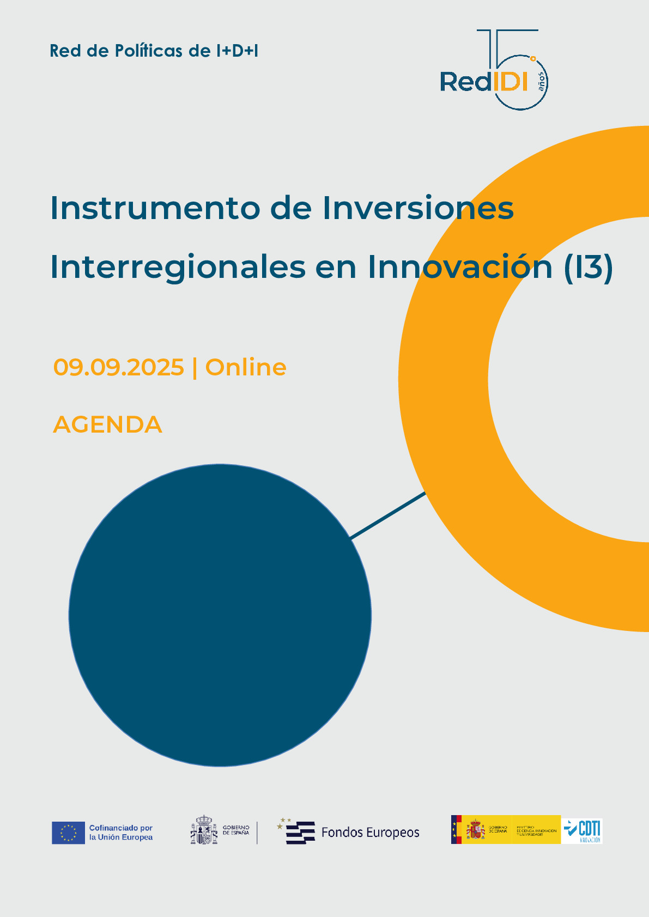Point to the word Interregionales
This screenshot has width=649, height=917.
178,267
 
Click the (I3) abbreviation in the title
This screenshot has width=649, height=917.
588,267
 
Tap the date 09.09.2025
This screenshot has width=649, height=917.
119,367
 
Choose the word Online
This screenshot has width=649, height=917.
246,367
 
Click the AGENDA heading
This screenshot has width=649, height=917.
108,425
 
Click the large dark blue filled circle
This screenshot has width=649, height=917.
220,615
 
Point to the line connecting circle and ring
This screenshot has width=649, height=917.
387,515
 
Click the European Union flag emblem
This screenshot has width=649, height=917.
68,833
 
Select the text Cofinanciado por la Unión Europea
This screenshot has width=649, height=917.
121,833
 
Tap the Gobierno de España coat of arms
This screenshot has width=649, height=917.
204,830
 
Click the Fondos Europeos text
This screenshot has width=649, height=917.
370,833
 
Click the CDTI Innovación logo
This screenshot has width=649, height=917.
583,831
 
